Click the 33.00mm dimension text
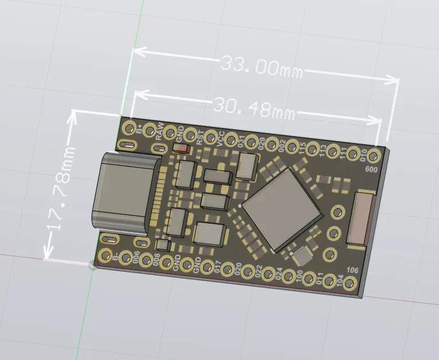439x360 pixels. [261, 66]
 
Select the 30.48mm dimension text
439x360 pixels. [253, 107]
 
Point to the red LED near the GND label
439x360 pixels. [182, 149]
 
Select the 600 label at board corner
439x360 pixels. [371, 169]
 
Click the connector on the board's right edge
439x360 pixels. [360, 218]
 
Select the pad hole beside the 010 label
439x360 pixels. [374, 155]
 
